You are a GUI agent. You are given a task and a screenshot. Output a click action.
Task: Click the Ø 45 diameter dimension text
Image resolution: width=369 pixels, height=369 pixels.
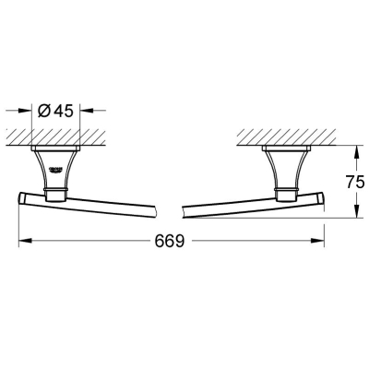(x=55, y=111)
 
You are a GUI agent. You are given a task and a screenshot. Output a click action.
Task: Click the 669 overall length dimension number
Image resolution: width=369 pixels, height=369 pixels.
(x=170, y=241)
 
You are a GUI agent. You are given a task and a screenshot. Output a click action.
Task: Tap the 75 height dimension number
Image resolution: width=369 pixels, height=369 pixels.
(x=355, y=182)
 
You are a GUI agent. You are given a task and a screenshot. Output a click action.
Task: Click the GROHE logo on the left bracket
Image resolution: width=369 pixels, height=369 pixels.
(x=56, y=170)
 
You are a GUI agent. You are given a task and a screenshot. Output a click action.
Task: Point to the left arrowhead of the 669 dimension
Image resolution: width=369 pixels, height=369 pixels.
(x=25, y=241)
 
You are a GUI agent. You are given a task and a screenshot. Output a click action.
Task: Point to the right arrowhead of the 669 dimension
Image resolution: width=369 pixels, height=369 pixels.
(x=317, y=241)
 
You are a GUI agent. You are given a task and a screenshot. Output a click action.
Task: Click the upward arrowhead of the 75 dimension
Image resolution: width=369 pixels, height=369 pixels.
(x=356, y=153)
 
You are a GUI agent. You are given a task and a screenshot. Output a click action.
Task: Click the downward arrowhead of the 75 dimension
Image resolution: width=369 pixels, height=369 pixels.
(x=356, y=211)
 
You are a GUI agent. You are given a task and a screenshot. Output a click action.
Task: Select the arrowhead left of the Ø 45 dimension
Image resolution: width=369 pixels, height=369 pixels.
(x=25, y=110)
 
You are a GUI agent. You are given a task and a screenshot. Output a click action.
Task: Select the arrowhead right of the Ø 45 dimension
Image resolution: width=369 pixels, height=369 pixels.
(x=87, y=110)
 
